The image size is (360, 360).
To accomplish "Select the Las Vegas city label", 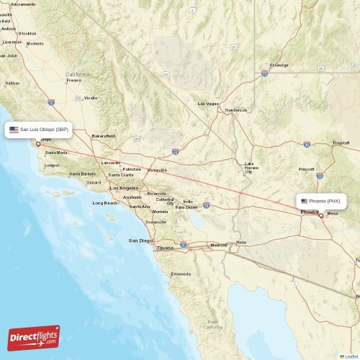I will click(208, 104).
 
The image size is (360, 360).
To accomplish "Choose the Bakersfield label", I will click(104, 135).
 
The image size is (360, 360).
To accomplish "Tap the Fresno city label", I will click(74, 80).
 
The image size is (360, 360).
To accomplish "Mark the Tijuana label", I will click(165, 248).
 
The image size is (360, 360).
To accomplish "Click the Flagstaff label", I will click(341, 143).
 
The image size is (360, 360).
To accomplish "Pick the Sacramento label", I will click(23, 4).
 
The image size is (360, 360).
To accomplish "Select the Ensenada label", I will click(181, 274).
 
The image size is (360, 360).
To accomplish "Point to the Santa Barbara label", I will click(83, 174).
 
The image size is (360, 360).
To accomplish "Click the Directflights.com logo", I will click(34, 337).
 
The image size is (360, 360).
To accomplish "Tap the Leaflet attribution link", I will click(349, 356).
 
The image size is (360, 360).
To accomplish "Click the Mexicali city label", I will click(218, 245).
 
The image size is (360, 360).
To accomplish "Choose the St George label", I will click(279, 66).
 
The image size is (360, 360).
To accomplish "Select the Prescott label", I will click(307, 169).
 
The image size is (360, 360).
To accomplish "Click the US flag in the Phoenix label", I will click(305, 201).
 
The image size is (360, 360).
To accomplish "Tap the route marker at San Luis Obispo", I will click(38, 143).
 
